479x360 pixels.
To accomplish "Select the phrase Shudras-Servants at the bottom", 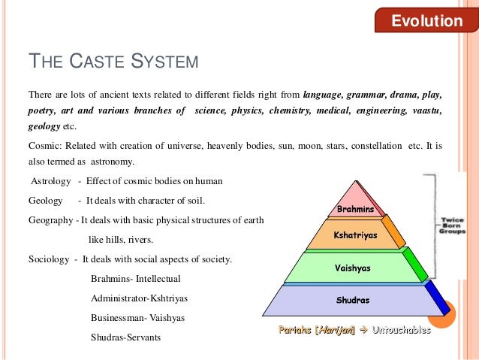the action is pos(125,337).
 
